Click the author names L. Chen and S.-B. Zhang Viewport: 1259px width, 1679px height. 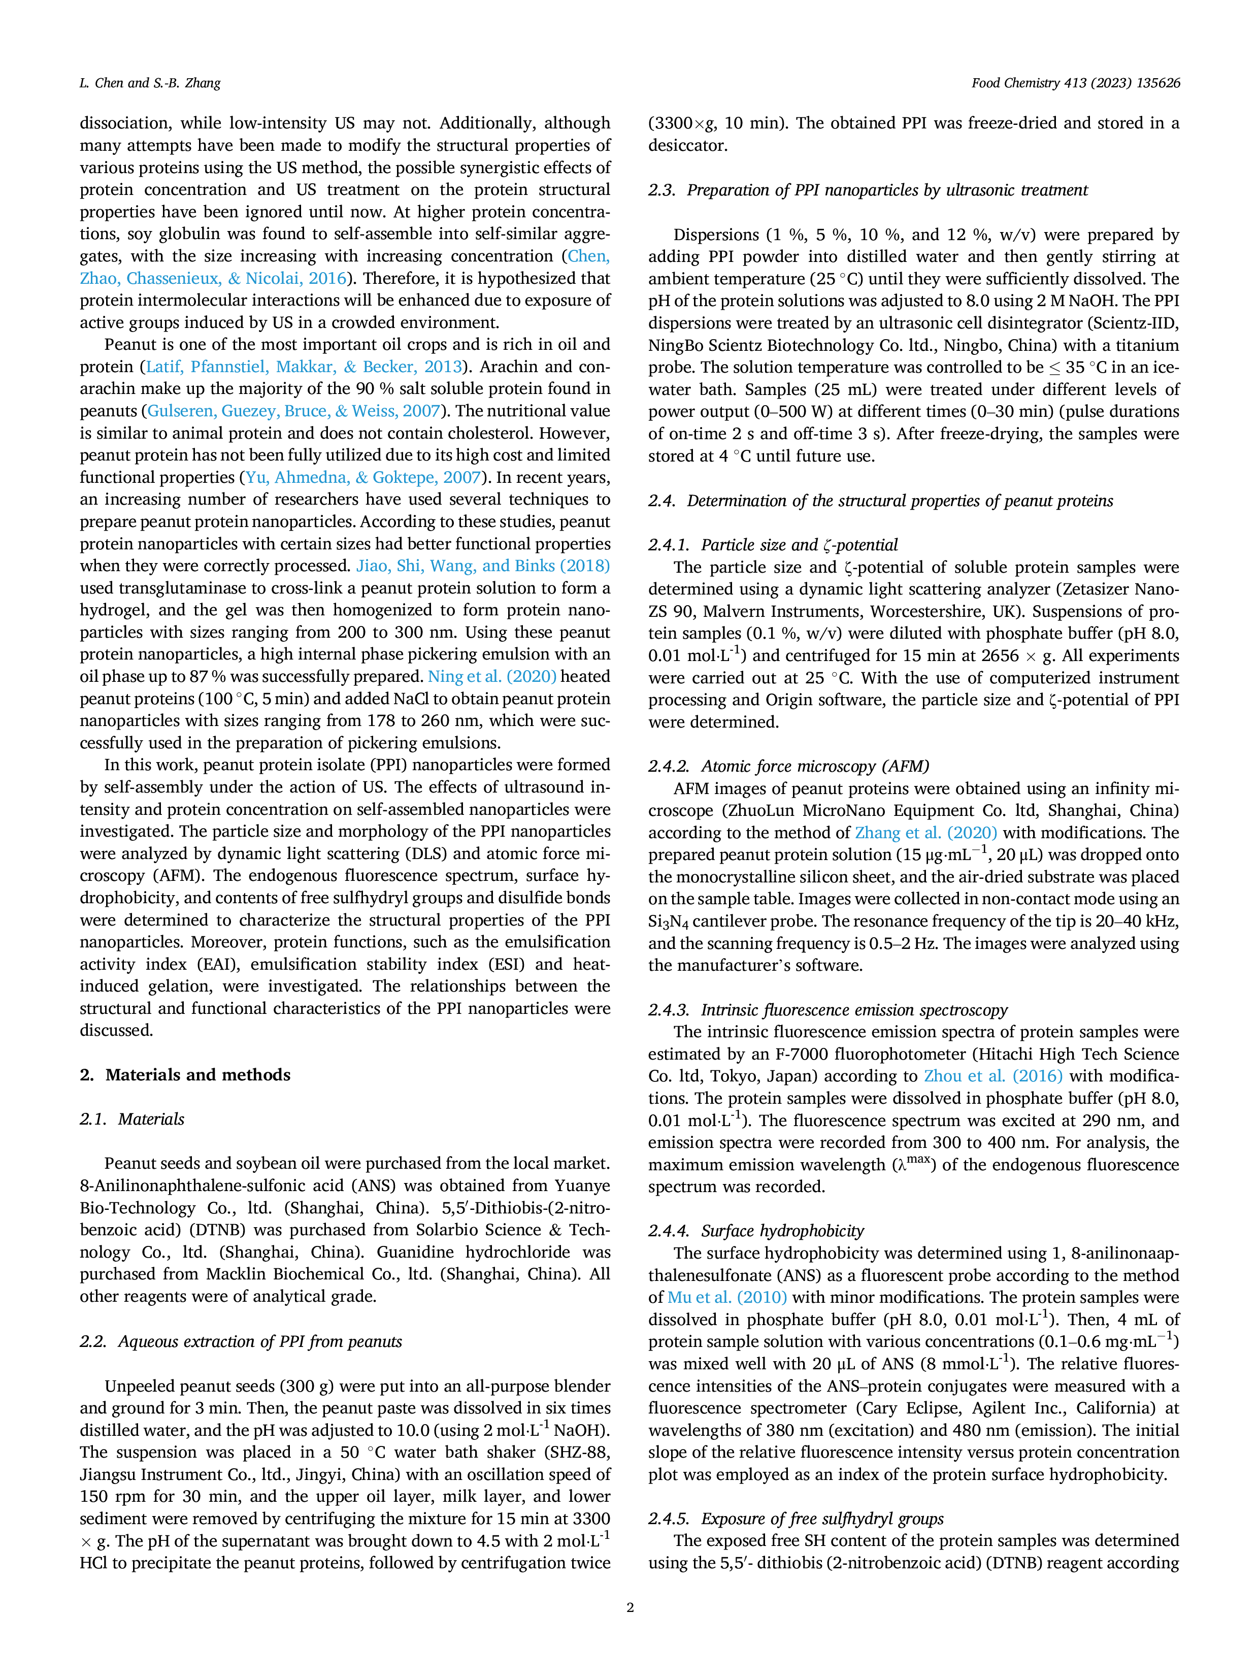pyautogui.click(x=150, y=83)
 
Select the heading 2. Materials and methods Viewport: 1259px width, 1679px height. pyautogui.click(x=185, y=1075)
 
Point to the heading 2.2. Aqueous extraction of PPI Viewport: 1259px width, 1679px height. pyautogui.click(x=241, y=1341)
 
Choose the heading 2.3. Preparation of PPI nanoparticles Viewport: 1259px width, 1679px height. pyautogui.click(x=868, y=190)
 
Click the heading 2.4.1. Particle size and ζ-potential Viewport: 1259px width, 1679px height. pyautogui.click(x=773, y=545)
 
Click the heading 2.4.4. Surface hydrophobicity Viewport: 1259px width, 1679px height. pyautogui.click(x=756, y=1230)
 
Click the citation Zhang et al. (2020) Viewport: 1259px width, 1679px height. pyautogui.click(x=926, y=833)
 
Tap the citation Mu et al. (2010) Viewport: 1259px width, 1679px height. pyautogui.click(x=727, y=1297)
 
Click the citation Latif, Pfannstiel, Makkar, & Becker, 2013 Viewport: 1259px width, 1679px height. pyautogui.click(x=304, y=367)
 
